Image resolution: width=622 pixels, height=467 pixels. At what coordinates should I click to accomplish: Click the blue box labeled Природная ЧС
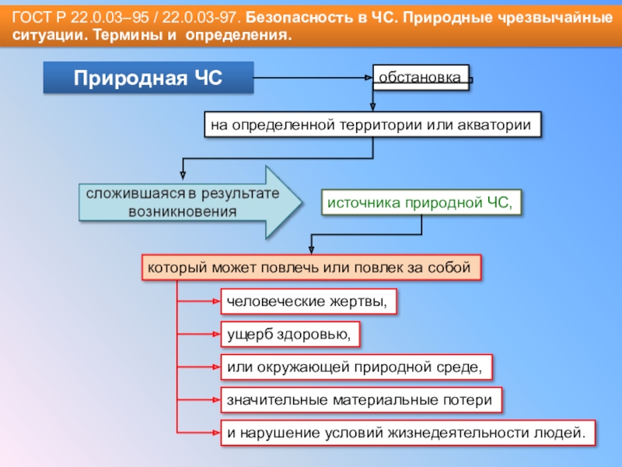(x=148, y=79)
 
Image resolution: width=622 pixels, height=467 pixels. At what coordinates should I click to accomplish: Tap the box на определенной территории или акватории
(x=372, y=125)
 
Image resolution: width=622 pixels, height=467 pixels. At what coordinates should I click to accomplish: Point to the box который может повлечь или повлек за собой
(x=311, y=268)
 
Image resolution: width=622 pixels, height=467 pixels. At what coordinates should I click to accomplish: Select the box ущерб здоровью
(x=290, y=334)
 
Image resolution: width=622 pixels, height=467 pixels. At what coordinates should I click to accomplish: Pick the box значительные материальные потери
(x=360, y=399)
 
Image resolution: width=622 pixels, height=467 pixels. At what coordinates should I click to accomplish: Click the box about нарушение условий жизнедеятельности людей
(x=405, y=432)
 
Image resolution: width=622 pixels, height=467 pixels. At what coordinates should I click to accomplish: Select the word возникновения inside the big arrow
(x=183, y=212)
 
